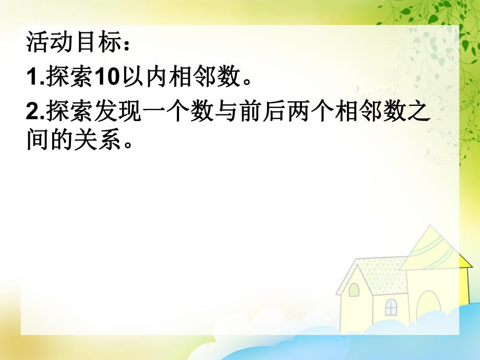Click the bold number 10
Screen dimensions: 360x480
coord(106,78)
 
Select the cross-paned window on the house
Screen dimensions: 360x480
coord(391,307)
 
